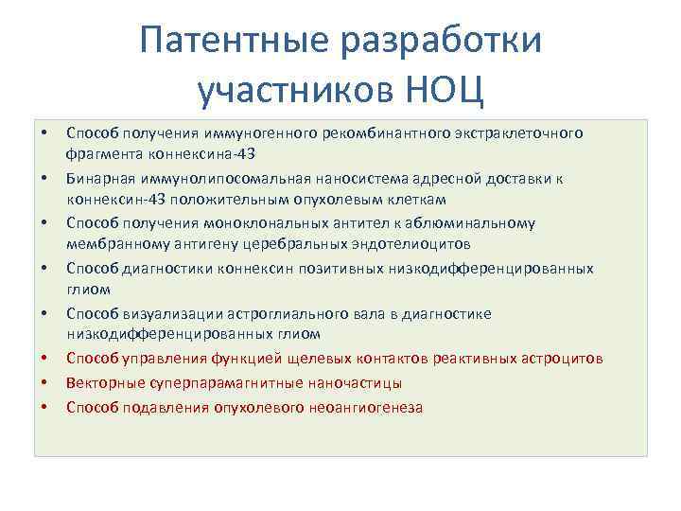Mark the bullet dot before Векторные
click(44, 383)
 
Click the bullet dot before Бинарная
click(44, 177)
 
